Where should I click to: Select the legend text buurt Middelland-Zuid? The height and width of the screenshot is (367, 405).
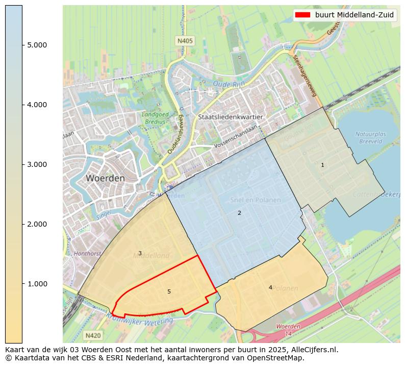354,15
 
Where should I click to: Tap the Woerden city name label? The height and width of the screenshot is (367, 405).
105,179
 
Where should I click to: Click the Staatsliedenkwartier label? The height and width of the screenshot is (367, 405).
231,117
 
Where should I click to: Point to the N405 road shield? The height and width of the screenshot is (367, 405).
185,40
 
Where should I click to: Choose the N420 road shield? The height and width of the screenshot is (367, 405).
93,335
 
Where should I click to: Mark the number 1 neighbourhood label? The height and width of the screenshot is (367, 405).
322,165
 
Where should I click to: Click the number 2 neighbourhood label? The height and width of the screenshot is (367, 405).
239,213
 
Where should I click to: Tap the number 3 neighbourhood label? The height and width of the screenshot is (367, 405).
140,253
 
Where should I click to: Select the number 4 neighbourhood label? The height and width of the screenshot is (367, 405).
270,287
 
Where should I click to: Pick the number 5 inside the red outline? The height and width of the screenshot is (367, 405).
169,291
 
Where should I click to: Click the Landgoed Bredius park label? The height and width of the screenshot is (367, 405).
153,118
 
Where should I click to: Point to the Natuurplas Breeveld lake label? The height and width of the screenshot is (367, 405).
370,137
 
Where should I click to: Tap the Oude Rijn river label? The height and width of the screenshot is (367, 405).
229,84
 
